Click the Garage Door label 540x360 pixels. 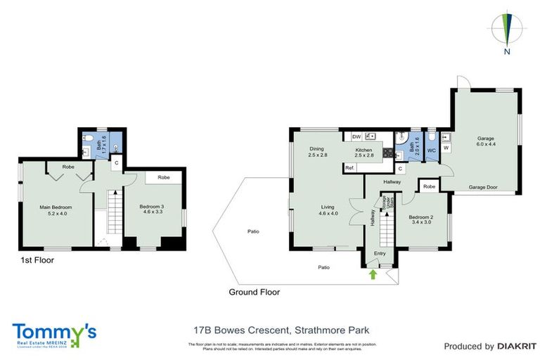[x=484, y=188]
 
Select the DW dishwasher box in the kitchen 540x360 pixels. [x=356, y=136]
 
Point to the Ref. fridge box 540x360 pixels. [x=349, y=167]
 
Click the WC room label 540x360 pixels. [x=432, y=150]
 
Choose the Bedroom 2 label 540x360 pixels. [x=420, y=221]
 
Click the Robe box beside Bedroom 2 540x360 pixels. [x=430, y=186]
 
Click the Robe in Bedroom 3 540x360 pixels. [x=163, y=178]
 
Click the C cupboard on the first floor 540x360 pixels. [x=117, y=162]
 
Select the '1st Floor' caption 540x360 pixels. [x=36, y=260]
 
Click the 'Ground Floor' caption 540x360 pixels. [x=254, y=292]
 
